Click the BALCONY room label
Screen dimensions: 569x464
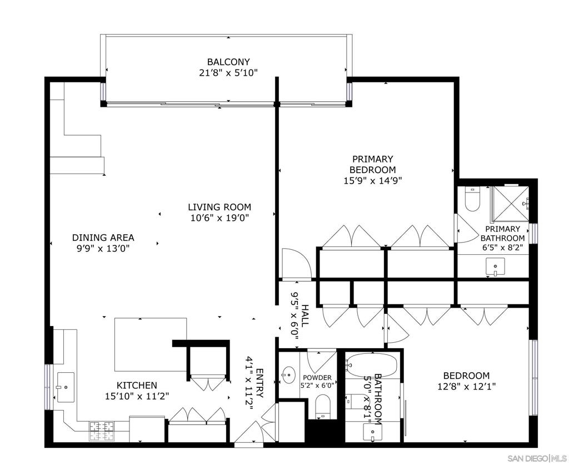[228, 62]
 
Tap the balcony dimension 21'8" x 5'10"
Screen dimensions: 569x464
[228, 73]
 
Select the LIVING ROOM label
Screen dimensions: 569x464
[219, 207]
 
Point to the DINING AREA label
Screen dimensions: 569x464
[103, 238]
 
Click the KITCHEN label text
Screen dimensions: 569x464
[137, 385]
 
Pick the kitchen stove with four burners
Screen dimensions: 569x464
[102, 431]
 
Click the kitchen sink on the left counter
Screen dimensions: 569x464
[66, 387]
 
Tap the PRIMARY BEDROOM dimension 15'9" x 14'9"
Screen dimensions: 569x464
[373, 181]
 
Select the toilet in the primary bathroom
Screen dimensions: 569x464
[472, 199]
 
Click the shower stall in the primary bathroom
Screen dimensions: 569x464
[510, 204]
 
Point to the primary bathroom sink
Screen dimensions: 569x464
[495, 267]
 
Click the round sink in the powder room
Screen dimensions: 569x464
[288, 374]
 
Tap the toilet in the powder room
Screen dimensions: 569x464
[323, 406]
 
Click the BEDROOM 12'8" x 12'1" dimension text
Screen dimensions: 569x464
[467, 386]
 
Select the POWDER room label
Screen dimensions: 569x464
[317, 378]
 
